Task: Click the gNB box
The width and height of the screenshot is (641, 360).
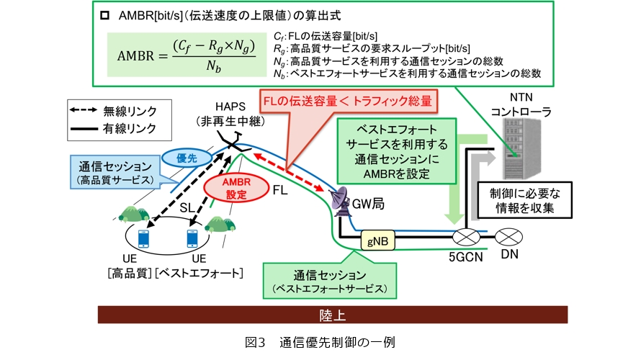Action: [x=377, y=243]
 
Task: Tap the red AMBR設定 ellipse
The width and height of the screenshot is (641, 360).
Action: [x=236, y=188]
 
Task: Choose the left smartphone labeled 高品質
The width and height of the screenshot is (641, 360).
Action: [x=144, y=238]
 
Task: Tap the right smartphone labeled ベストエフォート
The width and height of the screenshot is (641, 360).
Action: [x=193, y=238]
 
